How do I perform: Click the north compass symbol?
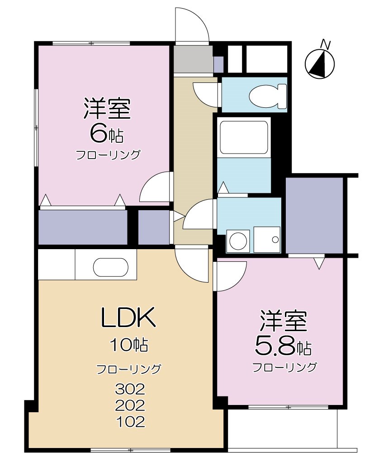point(320,64)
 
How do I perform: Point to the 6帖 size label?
point(107,133)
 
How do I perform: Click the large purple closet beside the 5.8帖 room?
point(314,216)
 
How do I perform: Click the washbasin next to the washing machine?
point(267,239)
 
